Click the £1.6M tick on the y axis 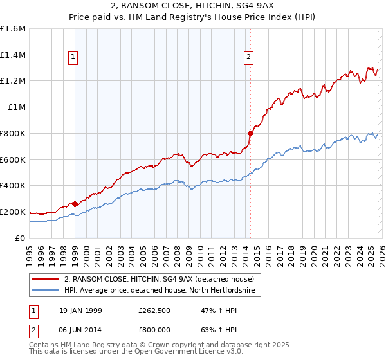(x=13, y=29)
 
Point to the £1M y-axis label (x=16, y=107)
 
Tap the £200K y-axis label (x=13, y=212)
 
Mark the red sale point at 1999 (x=75, y=203)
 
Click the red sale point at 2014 (x=250, y=133)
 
